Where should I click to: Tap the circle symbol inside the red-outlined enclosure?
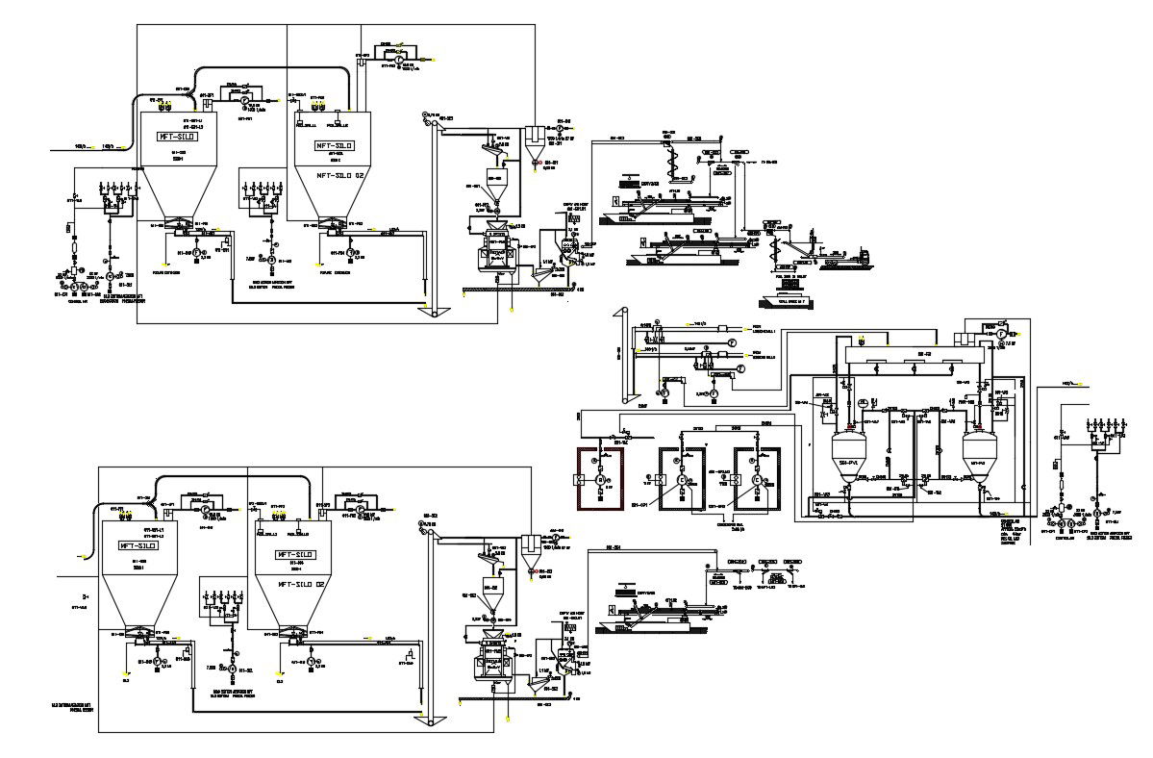[600, 479]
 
